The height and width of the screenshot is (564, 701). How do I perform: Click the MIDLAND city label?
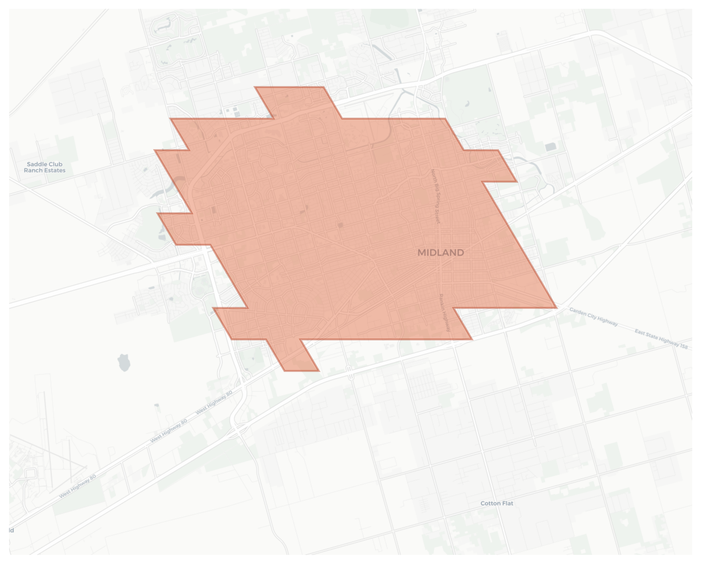tap(441, 253)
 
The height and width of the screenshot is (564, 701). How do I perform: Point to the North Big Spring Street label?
tap(435, 196)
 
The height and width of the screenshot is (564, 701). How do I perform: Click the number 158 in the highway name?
tap(683, 346)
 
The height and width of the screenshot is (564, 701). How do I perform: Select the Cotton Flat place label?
tap(497, 504)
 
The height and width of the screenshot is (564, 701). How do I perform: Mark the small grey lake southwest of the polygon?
tap(124, 363)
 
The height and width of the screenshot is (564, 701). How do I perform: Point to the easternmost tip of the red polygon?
tap(556, 307)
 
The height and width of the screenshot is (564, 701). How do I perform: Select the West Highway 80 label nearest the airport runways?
tap(78, 486)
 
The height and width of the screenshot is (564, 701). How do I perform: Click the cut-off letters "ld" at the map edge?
tap(12, 531)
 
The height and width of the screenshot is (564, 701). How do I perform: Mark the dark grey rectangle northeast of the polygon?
tap(551, 147)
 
